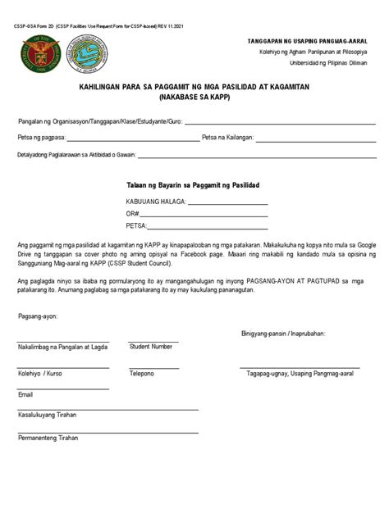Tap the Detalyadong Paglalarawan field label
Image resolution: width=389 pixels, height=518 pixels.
(x=77, y=154)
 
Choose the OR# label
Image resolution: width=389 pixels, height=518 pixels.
(x=133, y=213)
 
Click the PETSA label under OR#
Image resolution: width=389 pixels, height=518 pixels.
(x=136, y=225)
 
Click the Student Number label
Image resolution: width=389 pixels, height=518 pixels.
(x=151, y=347)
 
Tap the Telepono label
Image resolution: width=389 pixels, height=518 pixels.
(x=142, y=373)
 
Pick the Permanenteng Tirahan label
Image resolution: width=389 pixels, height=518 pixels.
(x=48, y=438)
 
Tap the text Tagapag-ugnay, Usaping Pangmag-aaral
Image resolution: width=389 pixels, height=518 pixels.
(x=300, y=373)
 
